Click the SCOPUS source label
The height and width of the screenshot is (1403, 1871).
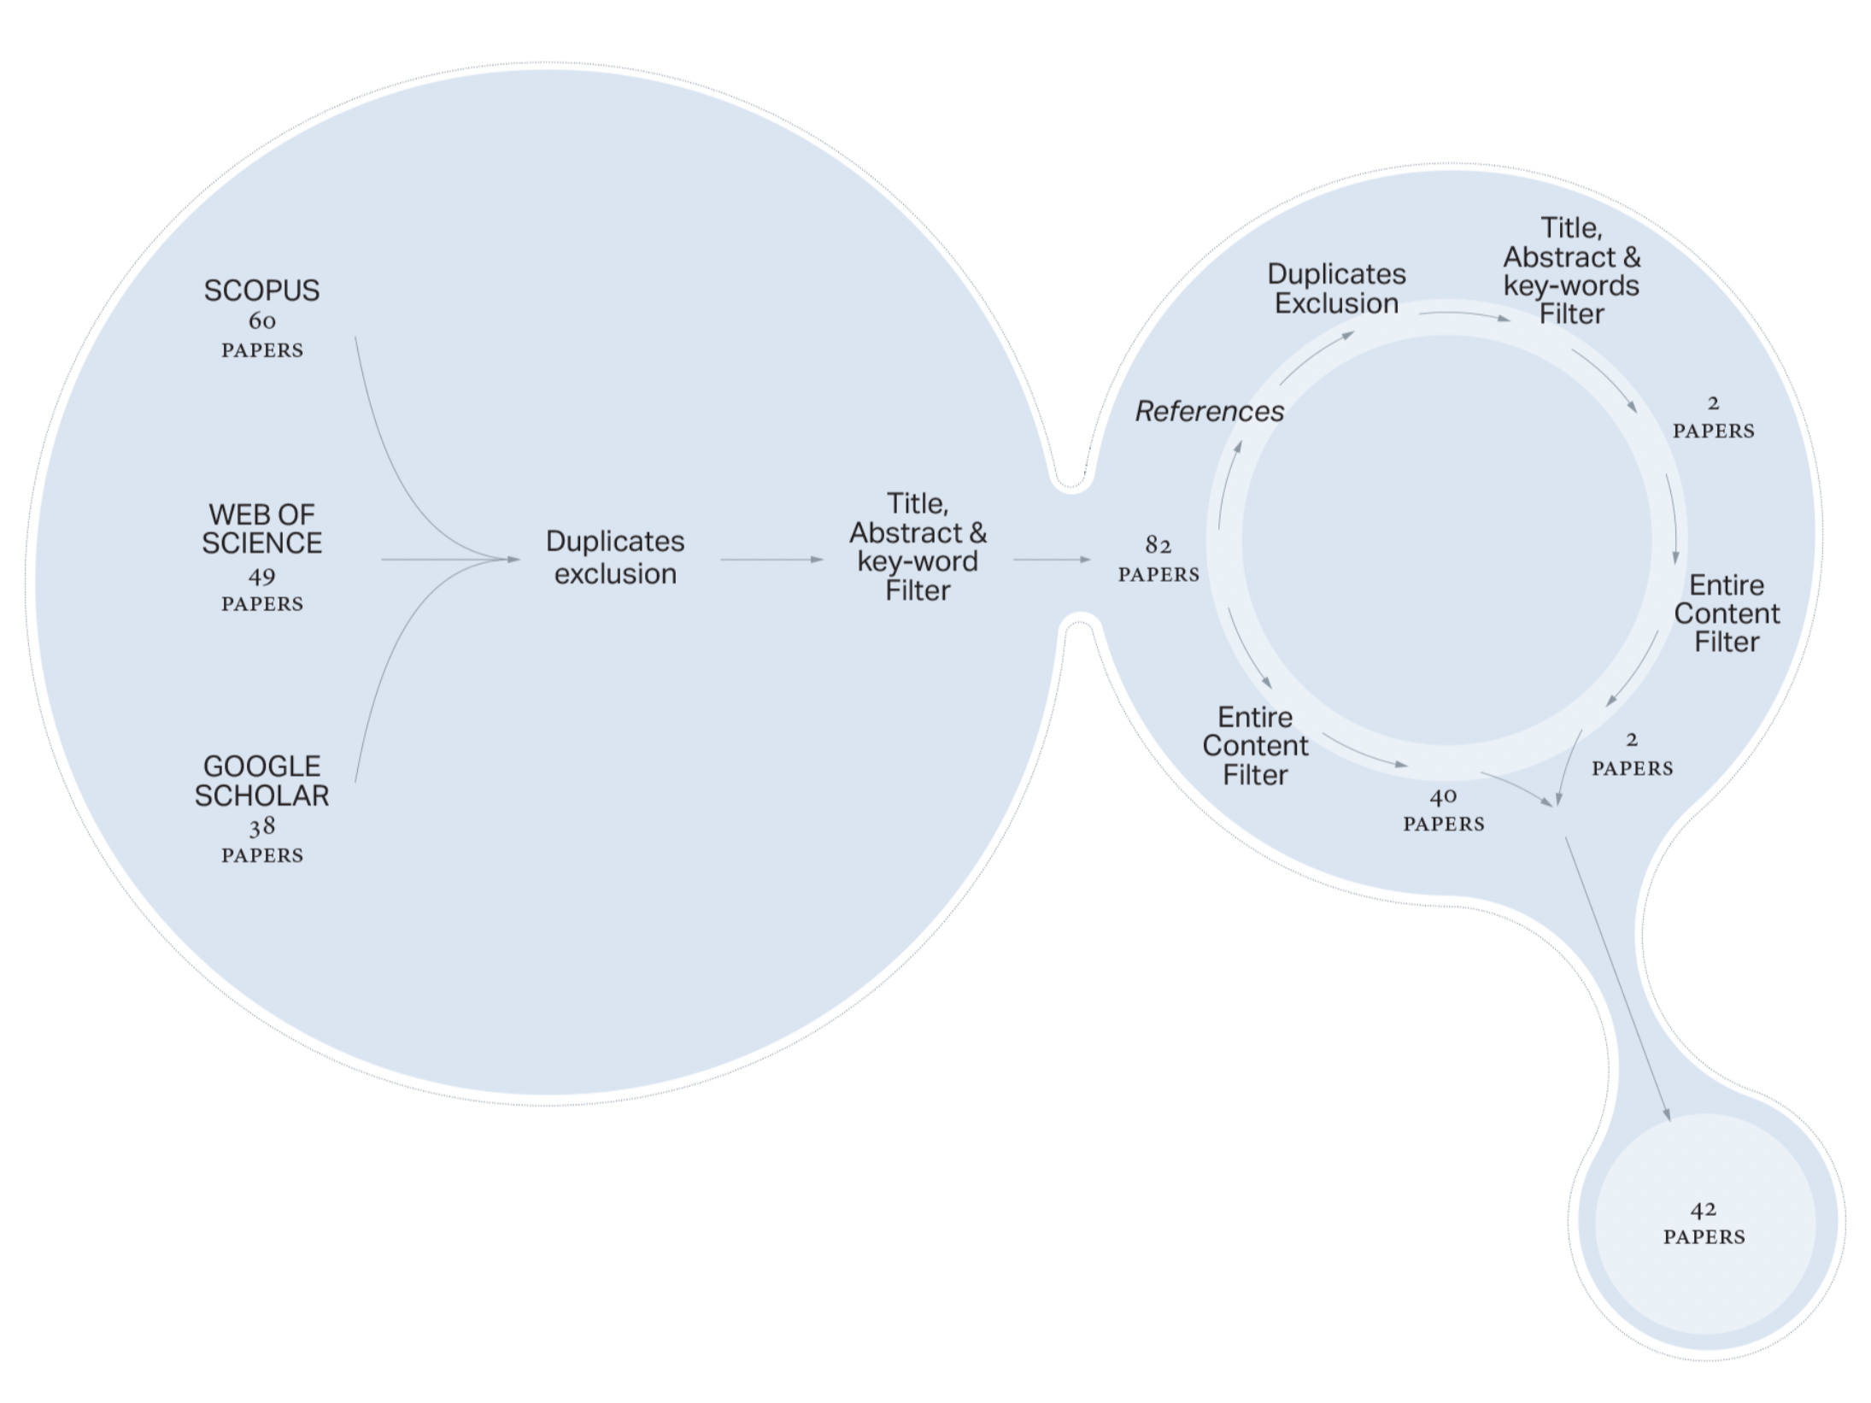click(261, 291)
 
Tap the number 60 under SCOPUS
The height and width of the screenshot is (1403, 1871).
click(261, 321)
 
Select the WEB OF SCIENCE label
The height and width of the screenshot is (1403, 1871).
click(261, 529)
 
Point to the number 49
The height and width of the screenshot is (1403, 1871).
click(261, 577)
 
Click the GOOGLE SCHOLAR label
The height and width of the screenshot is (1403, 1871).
click(261, 781)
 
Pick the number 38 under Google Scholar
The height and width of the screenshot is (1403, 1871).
click(261, 826)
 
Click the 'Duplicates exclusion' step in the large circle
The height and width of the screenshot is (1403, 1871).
click(615, 557)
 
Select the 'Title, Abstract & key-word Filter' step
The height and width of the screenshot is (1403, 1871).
click(918, 547)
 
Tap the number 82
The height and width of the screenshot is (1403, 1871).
click(1158, 545)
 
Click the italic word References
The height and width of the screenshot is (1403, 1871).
click(1209, 412)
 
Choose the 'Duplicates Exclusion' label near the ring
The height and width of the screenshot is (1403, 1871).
click(1336, 289)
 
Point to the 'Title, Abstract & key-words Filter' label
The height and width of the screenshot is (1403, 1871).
click(1571, 271)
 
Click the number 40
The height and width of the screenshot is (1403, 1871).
click(1443, 797)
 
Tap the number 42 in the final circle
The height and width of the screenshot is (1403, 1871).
click(1703, 1210)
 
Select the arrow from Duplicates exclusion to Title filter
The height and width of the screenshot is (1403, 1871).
click(771, 560)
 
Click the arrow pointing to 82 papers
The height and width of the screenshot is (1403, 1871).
click(1051, 560)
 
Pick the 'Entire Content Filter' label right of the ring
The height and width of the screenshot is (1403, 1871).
click(1726, 613)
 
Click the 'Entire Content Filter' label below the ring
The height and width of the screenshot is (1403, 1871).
click(1255, 746)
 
